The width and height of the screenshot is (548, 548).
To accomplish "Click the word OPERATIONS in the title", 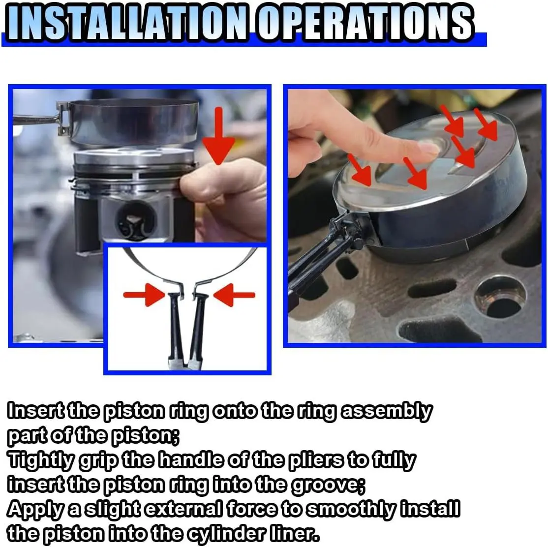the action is point(365,23).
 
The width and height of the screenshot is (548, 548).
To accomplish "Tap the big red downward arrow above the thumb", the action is point(219,136).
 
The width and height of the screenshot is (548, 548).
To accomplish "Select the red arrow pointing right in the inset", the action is point(144,295).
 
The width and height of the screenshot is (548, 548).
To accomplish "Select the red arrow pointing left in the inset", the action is point(234,295).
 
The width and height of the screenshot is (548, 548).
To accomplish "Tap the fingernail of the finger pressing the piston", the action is point(428,149).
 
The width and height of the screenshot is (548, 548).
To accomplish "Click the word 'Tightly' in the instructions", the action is point(41,460).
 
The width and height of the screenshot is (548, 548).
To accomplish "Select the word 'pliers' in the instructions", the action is point(316,460).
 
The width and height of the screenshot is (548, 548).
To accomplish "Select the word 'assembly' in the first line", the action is point(387,411).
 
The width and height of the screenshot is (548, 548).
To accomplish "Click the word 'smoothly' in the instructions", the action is point(351,510).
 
